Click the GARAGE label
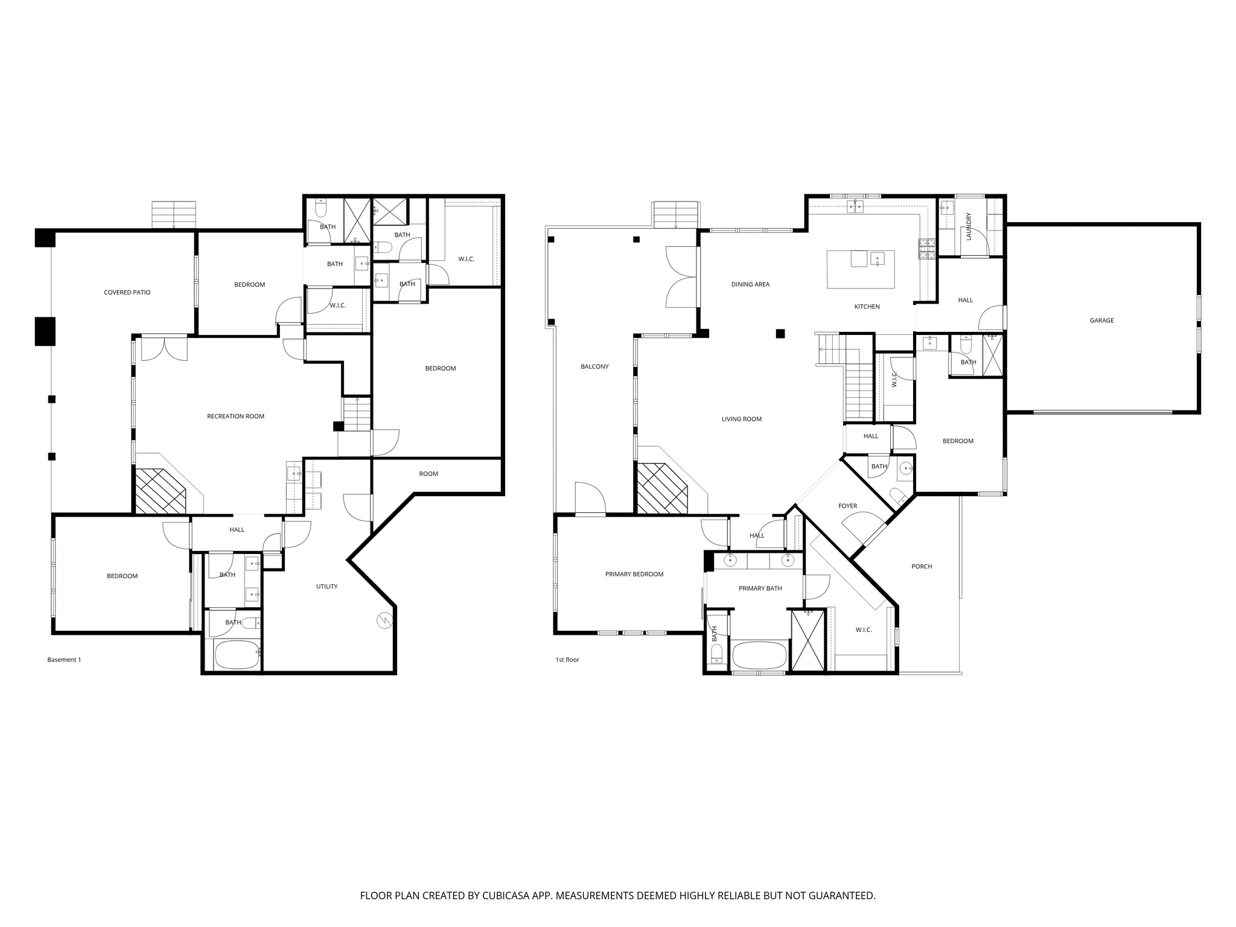point(1101,320)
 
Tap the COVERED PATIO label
point(127,293)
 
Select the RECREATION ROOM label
point(235,416)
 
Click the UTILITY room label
point(327,587)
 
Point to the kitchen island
point(860,269)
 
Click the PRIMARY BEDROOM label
point(634,575)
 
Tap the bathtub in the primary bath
point(759,655)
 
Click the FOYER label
point(847,506)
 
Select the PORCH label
point(922,567)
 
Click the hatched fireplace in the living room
point(662,489)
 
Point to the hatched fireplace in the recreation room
point(160,492)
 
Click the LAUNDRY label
point(969,226)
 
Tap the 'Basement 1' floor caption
point(64,660)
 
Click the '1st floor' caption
point(567,660)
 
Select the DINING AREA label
point(750,284)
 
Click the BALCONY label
point(594,367)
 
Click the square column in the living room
point(780,333)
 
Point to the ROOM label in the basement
point(428,474)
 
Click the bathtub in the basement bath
point(237,655)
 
